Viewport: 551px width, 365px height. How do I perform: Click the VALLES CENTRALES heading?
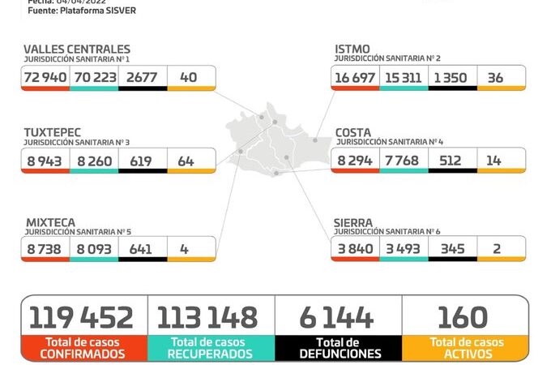coord(77,49)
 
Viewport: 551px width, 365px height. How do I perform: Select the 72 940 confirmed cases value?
coord(46,78)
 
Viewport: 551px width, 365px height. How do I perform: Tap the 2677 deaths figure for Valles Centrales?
coord(142,78)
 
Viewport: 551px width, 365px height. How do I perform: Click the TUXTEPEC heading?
coord(53,131)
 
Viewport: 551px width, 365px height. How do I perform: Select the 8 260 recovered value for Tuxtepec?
coord(94,161)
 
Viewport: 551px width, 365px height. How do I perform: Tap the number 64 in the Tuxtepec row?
coord(186,161)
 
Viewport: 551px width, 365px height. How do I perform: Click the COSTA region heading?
coord(354,131)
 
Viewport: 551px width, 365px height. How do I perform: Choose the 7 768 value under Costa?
coord(403,161)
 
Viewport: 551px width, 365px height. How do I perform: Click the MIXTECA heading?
coord(49,221)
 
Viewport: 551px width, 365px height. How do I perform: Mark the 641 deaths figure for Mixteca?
coord(141,249)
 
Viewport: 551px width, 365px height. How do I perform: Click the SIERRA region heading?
coord(353,221)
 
